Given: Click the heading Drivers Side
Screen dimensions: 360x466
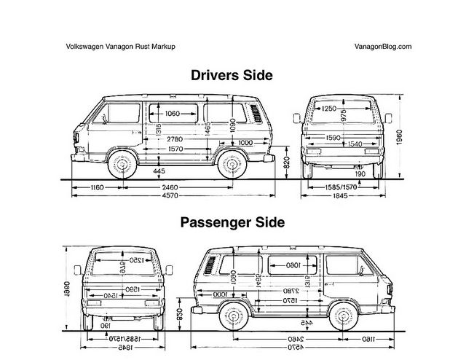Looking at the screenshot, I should point(232,74).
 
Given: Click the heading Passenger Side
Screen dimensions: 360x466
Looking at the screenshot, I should point(232,221).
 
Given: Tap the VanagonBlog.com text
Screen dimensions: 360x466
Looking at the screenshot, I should point(383,46).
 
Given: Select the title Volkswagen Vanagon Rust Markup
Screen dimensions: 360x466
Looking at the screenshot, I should point(121,46).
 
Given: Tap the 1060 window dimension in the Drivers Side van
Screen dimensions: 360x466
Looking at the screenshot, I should point(173,114).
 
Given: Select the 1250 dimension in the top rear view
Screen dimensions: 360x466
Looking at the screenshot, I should point(329,109).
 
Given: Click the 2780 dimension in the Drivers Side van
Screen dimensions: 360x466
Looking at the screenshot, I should point(174,138).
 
